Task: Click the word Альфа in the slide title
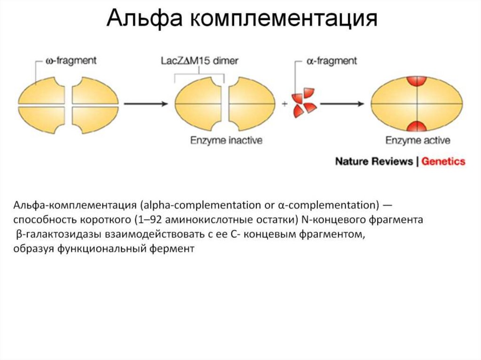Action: pyautogui.click(x=144, y=20)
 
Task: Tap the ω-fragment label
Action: pyautogui.click(x=71, y=61)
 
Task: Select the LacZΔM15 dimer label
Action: pyautogui.click(x=200, y=61)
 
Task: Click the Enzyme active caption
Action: pyautogui.click(x=418, y=140)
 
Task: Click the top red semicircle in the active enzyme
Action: pyautogui.click(x=417, y=81)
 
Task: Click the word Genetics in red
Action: pyautogui.click(x=443, y=161)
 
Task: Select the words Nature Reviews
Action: pyautogui.click(x=373, y=161)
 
